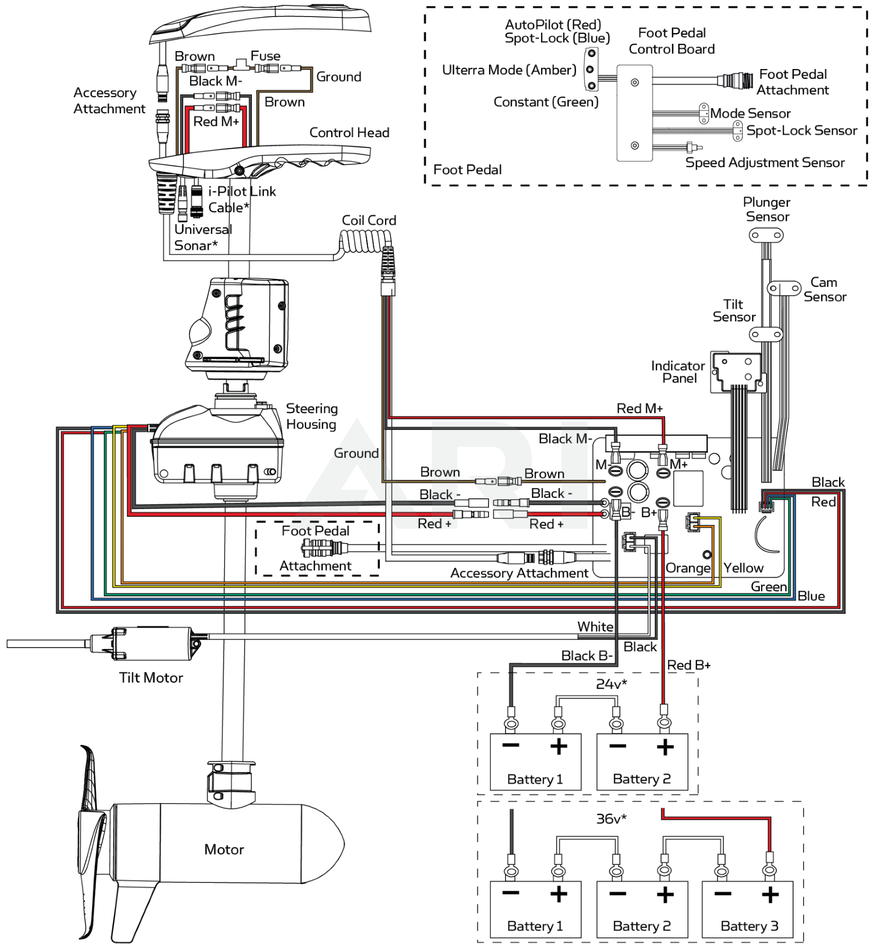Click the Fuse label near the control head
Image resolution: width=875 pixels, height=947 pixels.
[265, 56]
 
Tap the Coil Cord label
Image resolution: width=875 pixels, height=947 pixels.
[369, 220]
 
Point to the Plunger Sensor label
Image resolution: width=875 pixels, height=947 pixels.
[768, 210]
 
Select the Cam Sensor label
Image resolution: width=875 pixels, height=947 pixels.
[825, 290]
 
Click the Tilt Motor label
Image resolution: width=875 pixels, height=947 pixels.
[151, 678]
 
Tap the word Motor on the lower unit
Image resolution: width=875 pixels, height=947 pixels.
[224, 849]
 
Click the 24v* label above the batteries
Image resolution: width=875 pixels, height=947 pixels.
[612, 684]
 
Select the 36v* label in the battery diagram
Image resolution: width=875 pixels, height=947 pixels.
[612, 819]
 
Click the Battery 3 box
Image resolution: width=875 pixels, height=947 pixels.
[747, 909]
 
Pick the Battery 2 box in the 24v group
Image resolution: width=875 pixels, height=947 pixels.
[642, 762]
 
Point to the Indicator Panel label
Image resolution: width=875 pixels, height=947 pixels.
[678, 372]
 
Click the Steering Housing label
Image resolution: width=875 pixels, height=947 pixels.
[312, 416]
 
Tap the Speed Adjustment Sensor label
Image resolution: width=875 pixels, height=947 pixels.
[765, 163]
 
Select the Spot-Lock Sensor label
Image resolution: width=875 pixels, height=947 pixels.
[802, 130]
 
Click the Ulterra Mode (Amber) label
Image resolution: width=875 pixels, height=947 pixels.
[509, 70]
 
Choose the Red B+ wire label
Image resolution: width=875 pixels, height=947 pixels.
[689, 665]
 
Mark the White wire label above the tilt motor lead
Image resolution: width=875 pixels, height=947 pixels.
[595, 627]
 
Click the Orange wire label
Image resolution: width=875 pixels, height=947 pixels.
[688, 568]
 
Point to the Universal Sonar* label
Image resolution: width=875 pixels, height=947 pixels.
[203, 237]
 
